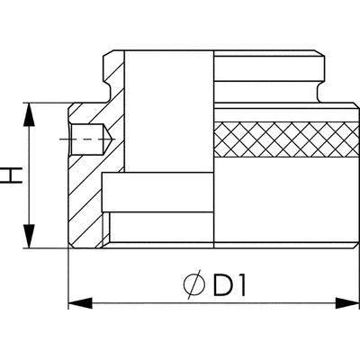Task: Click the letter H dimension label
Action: tap(11, 175)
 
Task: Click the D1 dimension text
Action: tap(229, 283)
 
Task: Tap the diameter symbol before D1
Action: tap(194, 284)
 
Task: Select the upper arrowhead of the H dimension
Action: tap(29, 115)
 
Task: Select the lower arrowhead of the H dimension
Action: tap(29, 236)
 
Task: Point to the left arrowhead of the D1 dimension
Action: tap(80, 303)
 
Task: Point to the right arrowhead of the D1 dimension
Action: tap(347, 303)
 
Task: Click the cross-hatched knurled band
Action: tap(286, 139)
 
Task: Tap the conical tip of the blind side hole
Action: tap(107, 139)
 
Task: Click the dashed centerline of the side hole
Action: tap(86, 139)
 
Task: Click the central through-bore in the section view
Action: tap(169, 111)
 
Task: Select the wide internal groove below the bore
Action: tap(157, 193)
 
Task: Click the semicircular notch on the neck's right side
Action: tap(319, 87)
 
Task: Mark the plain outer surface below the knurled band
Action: tap(286, 200)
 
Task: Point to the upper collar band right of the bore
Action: tap(269, 68)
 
